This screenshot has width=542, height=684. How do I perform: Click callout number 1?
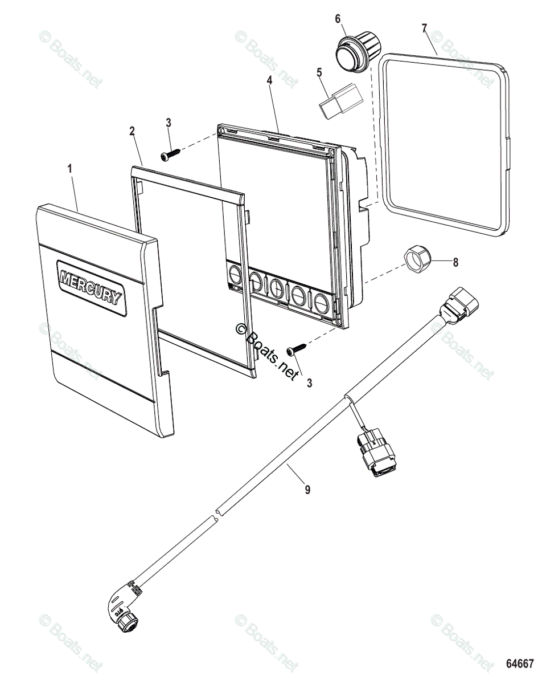tap(71, 169)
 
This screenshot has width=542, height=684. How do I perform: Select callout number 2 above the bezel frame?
tap(132, 131)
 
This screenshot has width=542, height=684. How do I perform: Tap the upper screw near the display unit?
tap(170, 153)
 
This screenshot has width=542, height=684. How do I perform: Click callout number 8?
tap(455, 263)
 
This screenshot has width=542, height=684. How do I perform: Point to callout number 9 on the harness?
tap(307, 489)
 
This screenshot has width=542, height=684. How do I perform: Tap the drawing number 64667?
tap(520, 664)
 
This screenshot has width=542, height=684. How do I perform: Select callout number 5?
tap(319, 72)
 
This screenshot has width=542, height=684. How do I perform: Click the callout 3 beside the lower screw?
tap(310, 383)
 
